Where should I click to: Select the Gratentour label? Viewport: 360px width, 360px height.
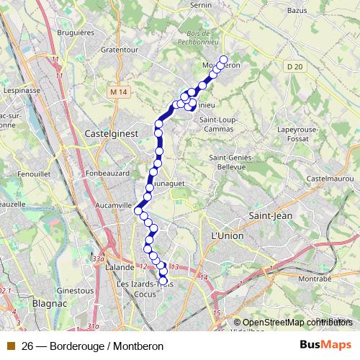pyautogui.click(x=120, y=50)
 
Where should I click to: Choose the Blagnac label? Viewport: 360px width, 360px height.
pyautogui.click(x=50, y=305)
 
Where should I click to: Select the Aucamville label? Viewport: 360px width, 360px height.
pyautogui.click(x=114, y=205)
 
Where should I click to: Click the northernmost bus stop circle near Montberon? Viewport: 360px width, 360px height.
pyautogui.click(x=222, y=60)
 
